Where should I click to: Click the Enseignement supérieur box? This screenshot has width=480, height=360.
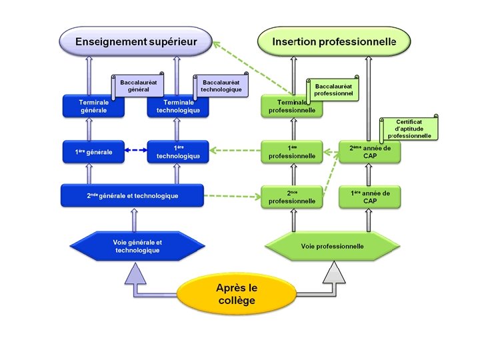tap(136, 41)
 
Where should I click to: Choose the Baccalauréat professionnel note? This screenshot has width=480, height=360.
tap(333, 90)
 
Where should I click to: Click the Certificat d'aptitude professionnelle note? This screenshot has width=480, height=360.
tap(410, 129)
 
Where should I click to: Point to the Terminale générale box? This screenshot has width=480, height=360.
tap(94, 107)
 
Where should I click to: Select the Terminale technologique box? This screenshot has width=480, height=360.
tap(178, 107)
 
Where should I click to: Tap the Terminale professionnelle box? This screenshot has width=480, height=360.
tap(291, 107)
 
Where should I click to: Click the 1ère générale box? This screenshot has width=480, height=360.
tap(94, 152)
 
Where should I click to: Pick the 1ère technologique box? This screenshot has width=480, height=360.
tap(178, 152)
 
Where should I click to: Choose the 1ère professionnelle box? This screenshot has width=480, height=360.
tap(291, 152)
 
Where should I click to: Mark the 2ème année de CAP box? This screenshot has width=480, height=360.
tap(370, 152)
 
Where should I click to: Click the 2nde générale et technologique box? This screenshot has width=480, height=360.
tap(133, 196)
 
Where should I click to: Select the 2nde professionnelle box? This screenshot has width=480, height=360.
tap(291, 196)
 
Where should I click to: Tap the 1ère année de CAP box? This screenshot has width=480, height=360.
tap(370, 196)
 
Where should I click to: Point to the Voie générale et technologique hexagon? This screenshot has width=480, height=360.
tap(137, 246)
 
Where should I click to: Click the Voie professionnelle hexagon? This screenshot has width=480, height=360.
tap(332, 246)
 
